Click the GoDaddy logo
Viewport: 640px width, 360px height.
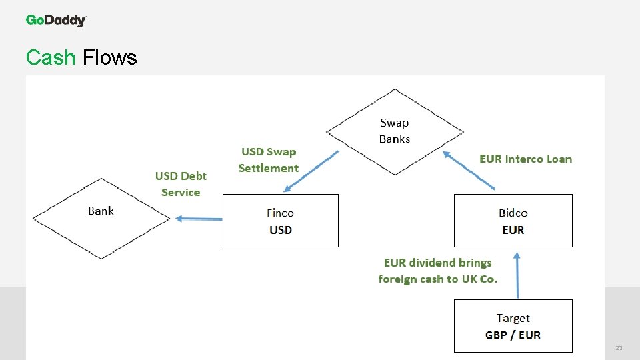tap(56, 21)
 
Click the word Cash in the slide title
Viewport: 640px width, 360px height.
tap(51, 58)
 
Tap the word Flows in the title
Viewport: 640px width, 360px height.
tap(109, 58)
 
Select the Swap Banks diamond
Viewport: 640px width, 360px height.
tap(395, 131)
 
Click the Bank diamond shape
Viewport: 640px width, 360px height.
tap(101, 218)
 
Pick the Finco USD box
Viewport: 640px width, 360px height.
tap(280, 221)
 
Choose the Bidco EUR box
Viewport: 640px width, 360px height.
tap(513, 221)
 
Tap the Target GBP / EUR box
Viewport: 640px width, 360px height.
tap(513, 326)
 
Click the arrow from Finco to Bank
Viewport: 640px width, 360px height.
tap(199, 218)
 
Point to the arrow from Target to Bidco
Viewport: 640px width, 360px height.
tap(517, 275)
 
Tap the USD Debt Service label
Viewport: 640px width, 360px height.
tap(181, 184)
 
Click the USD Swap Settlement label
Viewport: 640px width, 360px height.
tap(268, 160)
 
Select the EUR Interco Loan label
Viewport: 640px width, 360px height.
tap(525, 159)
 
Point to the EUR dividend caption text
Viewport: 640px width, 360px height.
tap(437, 271)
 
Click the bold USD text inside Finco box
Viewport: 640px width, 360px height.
tap(281, 230)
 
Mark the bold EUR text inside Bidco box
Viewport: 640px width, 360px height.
tap(513, 230)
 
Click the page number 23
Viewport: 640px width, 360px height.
tap(619, 349)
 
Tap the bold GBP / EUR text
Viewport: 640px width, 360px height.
tap(513, 335)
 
